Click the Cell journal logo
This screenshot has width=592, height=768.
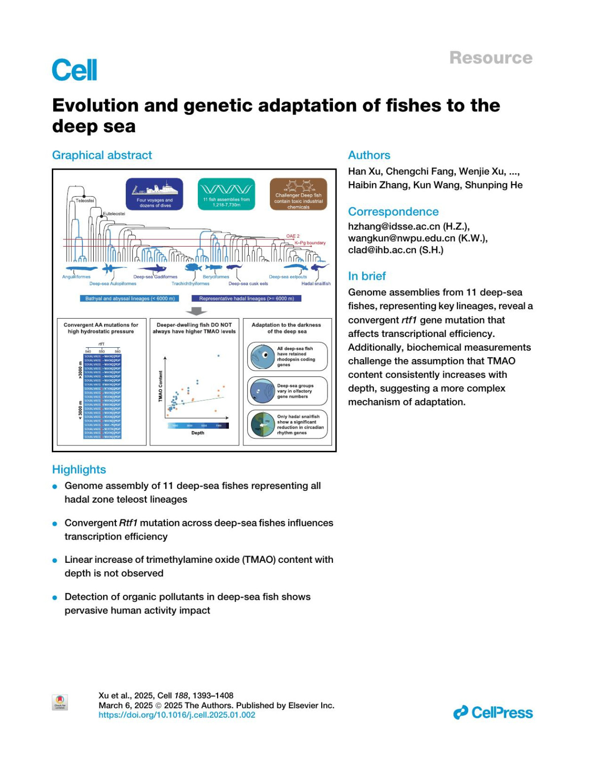click(74, 70)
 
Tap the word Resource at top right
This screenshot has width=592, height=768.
click(490, 58)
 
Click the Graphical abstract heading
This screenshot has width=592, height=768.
click(102, 155)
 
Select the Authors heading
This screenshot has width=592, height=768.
click(369, 155)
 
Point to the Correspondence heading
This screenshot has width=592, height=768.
click(393, 212)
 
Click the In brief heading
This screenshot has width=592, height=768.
click(367, 276)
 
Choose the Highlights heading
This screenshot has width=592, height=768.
click(79, 469)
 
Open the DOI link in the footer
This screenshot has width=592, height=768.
click(177, 715)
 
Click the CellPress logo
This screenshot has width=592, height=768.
click(493, 713)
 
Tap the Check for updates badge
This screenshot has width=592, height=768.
click(60, 702)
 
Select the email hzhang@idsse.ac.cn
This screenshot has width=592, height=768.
click(408, 226)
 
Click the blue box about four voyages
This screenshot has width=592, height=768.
click(154, 194)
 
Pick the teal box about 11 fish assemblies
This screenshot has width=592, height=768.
click(226, 194)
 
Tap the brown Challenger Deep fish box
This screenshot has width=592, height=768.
click(298, 194)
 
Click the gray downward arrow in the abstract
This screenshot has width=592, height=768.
click(196, 311)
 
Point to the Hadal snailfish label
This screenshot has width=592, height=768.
click(316, 284)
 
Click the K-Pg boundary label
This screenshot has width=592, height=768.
click(310, 243)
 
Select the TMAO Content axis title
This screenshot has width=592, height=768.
click(160, 386)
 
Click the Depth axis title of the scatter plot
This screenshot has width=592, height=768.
click(197, 433)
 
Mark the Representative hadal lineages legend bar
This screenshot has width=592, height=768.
click(246, 298)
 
